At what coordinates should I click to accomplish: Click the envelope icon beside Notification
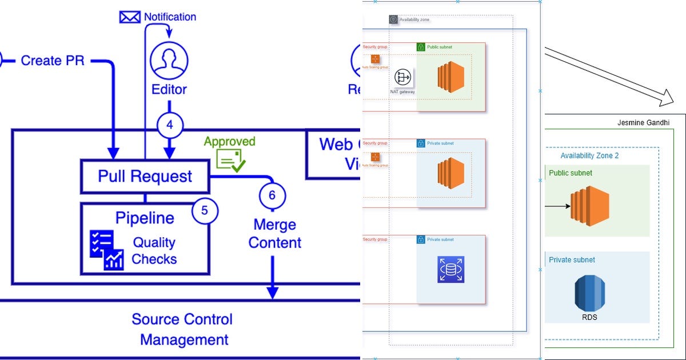[x=129, y=17]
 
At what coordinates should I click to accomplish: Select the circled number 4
[x=170, y=125]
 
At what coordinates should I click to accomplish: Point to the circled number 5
[x=205, y=211]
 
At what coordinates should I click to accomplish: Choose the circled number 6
[x=272, y=195]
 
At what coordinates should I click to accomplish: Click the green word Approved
[x=230, y=141]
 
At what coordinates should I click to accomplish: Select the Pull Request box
[x=145, y=176]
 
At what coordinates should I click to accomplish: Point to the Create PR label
[x=53, y=60]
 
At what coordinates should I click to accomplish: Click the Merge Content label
[x=275, y=234]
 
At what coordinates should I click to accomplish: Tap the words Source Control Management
[x=183, y=329]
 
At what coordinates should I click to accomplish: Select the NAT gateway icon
[x=404, y=77]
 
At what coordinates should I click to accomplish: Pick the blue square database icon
[x=451, y=269]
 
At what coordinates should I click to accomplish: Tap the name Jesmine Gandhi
[x=643, y=123]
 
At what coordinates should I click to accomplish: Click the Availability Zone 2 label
[x=589, y=155]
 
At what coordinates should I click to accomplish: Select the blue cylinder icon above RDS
[x=589, y=293]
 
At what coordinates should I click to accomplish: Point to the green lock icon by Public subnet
[x=421, y=47]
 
